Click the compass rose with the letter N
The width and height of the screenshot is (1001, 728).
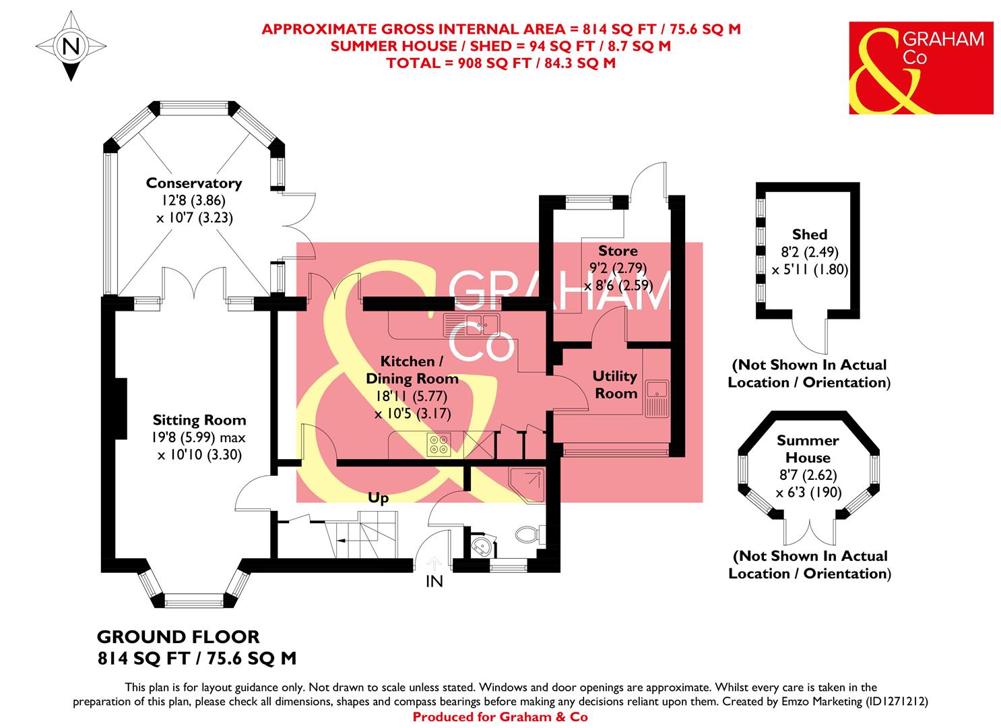click(x=69, y=47)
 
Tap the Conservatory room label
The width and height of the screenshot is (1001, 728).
click(x=193, y=183)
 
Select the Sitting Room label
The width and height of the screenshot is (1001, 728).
click(x=199, y=420)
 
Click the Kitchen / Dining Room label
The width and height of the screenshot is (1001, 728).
click(x=412, y=370)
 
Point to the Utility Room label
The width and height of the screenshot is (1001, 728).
click(x=615, y=384)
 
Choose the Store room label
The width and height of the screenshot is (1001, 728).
click(x=618, y=251)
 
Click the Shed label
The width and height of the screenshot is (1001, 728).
click(x=809, y=235)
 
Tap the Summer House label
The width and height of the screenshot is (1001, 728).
click(x=808, y=449)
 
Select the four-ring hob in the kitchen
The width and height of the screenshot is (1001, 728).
click(x=439, y=445)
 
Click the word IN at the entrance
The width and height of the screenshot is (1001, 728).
click(x=434, y=581)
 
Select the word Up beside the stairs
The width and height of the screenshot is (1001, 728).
click(x=378, y=498)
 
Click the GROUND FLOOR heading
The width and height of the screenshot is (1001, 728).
click(x=178, y=636)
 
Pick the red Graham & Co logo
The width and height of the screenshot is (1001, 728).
click(x=921, y=67)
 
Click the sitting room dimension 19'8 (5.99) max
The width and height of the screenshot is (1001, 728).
click(x=199, y=437)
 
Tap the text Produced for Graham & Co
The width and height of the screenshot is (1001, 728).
click(x=500, y=717)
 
